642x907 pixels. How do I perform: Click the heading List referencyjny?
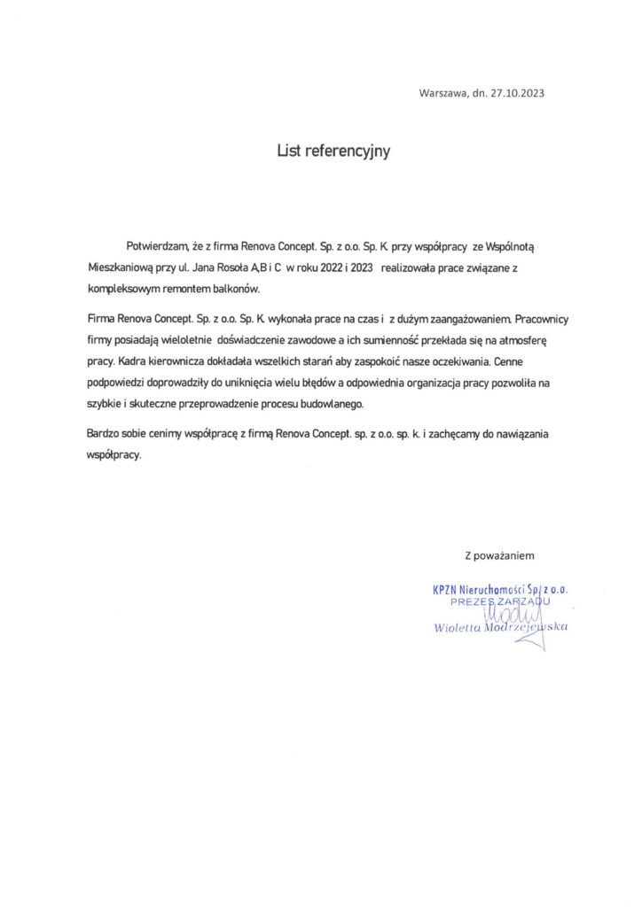pos(333,151)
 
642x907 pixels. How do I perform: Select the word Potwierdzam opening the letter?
pos(158,243)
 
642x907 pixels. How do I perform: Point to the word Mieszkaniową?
pos(121,267)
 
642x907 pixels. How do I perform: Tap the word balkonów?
pos(258,290)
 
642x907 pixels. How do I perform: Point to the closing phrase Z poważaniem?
pos(499,555)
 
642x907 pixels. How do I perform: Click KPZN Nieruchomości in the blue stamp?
pos(479,590)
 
